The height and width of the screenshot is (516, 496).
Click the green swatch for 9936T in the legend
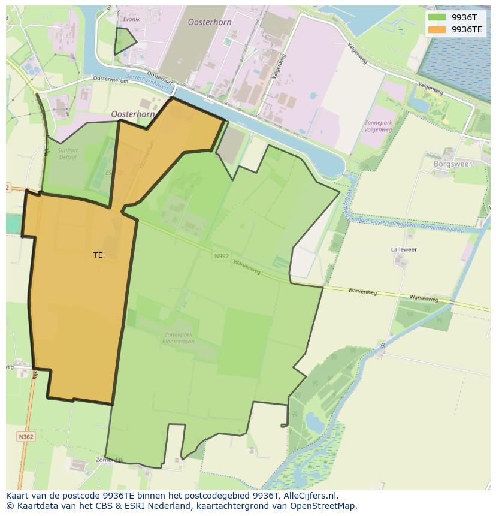[437, 17]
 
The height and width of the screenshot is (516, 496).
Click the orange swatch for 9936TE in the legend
[437, 29]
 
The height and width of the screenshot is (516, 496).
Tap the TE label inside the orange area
[98, 255]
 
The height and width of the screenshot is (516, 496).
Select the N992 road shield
[221, 256]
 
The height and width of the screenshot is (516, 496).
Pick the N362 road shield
[26, 437]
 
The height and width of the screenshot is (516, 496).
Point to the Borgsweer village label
[453, 164]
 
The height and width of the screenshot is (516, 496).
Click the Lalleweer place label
[404, 249]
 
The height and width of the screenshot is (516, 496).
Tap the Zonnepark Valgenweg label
[379, 125]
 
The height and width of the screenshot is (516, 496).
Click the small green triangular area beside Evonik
[124, 41]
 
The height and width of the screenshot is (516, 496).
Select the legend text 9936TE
[467, 29]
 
